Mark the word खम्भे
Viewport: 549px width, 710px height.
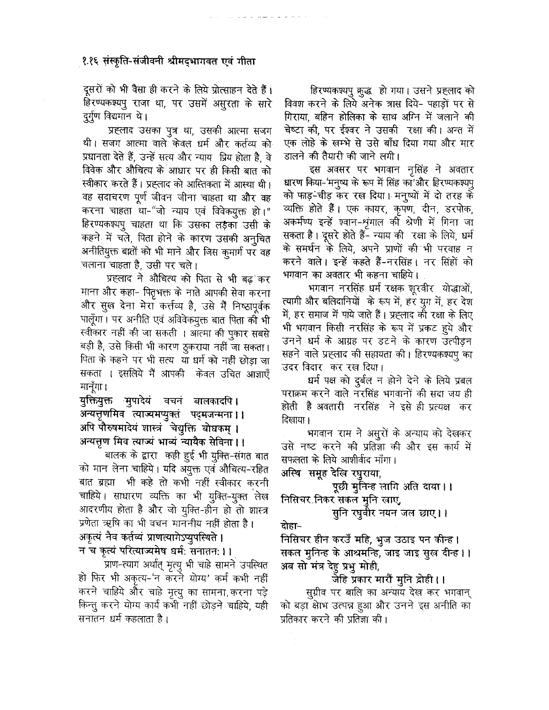click(346, 143)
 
